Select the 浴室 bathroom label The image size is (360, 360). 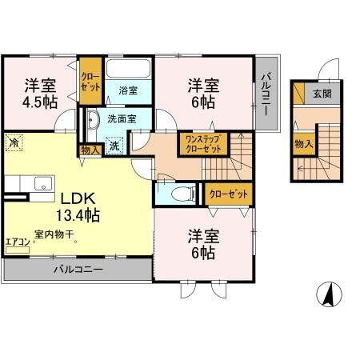(127, 91)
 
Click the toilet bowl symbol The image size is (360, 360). (182, 194)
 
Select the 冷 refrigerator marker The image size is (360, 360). (14, 143)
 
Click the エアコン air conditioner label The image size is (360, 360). (18, 242)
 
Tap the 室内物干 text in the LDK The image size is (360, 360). (54, 234)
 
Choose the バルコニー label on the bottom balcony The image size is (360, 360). (78, 270)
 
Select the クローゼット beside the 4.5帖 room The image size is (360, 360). (89, 82)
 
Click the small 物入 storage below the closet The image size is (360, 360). (89, 149)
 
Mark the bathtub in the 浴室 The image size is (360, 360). (128, 70)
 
